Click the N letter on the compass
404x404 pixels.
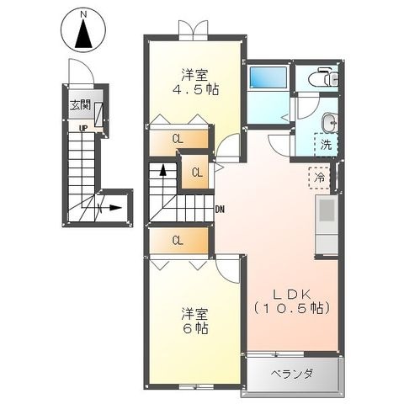[x=83, y=15]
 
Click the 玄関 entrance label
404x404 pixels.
[x=80, y=105]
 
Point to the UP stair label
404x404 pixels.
[x=83, y=129]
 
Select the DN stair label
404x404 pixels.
[x=220, y=209]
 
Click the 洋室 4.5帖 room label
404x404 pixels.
[x=195, y=82]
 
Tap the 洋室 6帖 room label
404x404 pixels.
[x=195, y=321]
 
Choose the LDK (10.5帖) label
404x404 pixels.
[x=291, y=301]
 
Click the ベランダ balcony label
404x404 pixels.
[x=291, y=374]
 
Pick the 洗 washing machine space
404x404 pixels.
[x=326, y=144]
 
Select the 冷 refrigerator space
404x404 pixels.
[x=320, y=178]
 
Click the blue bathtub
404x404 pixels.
[x=268, y=77]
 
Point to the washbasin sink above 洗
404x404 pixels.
[x=330, y=122]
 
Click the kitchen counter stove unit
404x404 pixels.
[x=327, y=225]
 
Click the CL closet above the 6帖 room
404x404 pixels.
[x=178, y=241]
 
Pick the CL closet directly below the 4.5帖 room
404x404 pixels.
[x=178, y=139]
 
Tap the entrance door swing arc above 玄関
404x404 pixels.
[x=82, y=70]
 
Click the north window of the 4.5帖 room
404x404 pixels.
[x=194, y=29]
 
